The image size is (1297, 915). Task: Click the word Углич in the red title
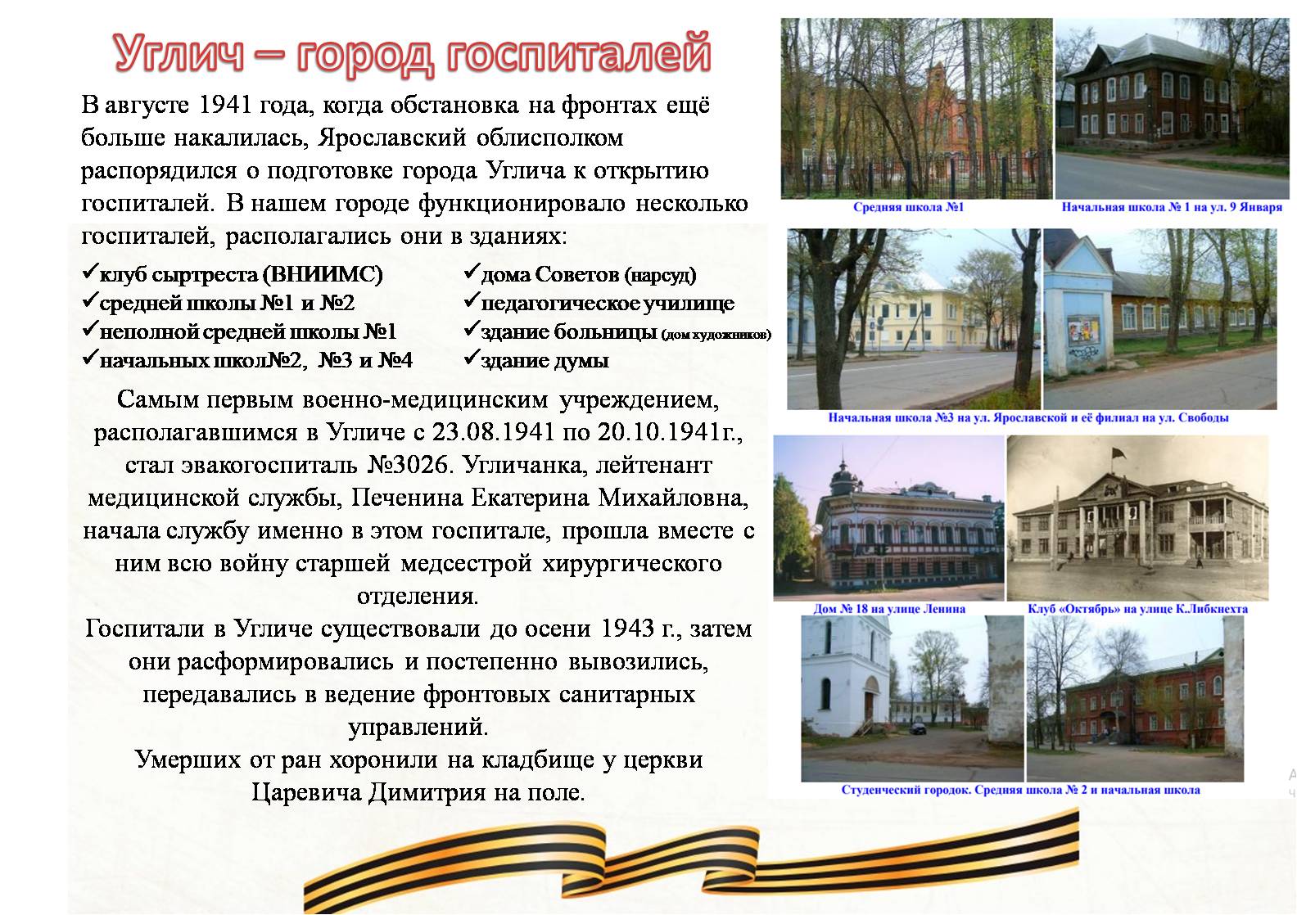pyautogui.click(x=179, y=54)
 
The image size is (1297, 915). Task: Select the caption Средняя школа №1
pyautogui.click(x=909, y=207)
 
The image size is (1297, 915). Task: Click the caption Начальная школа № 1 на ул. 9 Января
pyautogui.click(x=1172, y=207)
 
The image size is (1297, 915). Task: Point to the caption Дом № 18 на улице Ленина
pyautogui.click(x=889, y=609)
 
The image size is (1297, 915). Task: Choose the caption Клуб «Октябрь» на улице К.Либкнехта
pyautogui.click(x=1137, y=609)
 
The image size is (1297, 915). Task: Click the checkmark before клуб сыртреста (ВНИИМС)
pyautogui.click(x=89, y=272)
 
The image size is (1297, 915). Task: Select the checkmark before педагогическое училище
pyautogui.click(x=472, y=300)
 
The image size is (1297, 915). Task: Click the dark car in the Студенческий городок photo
pyautogui.click(x=919, y=728)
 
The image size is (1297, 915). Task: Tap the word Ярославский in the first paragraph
pyautogui.click(x=391, y=138)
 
